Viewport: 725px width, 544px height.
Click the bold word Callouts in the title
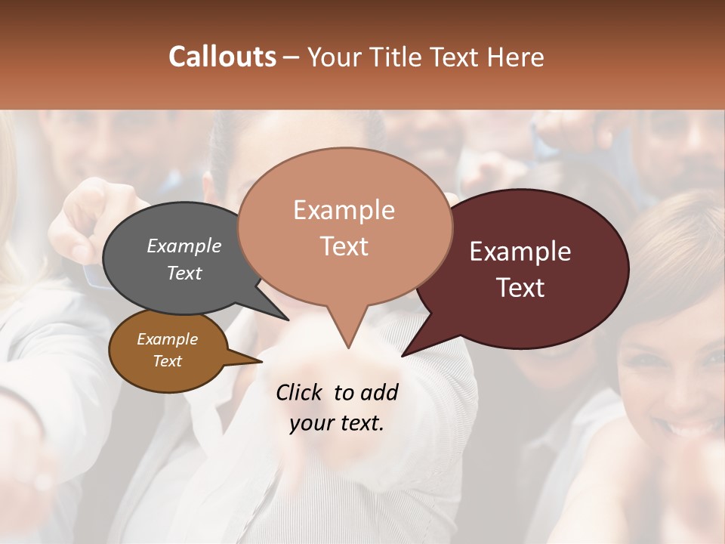(222, 57)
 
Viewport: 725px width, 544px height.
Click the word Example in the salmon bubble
(344, 210)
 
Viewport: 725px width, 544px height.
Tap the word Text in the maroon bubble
(520, 287)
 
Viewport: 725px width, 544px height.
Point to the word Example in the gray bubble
(184, 246)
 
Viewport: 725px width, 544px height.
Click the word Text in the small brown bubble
(168, 361)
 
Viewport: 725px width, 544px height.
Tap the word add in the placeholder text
(378, 392)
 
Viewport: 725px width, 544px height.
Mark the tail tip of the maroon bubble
(403, 355)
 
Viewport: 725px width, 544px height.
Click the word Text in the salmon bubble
(344, 246)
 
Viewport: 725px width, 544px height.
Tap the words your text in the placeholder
(337, 423)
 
